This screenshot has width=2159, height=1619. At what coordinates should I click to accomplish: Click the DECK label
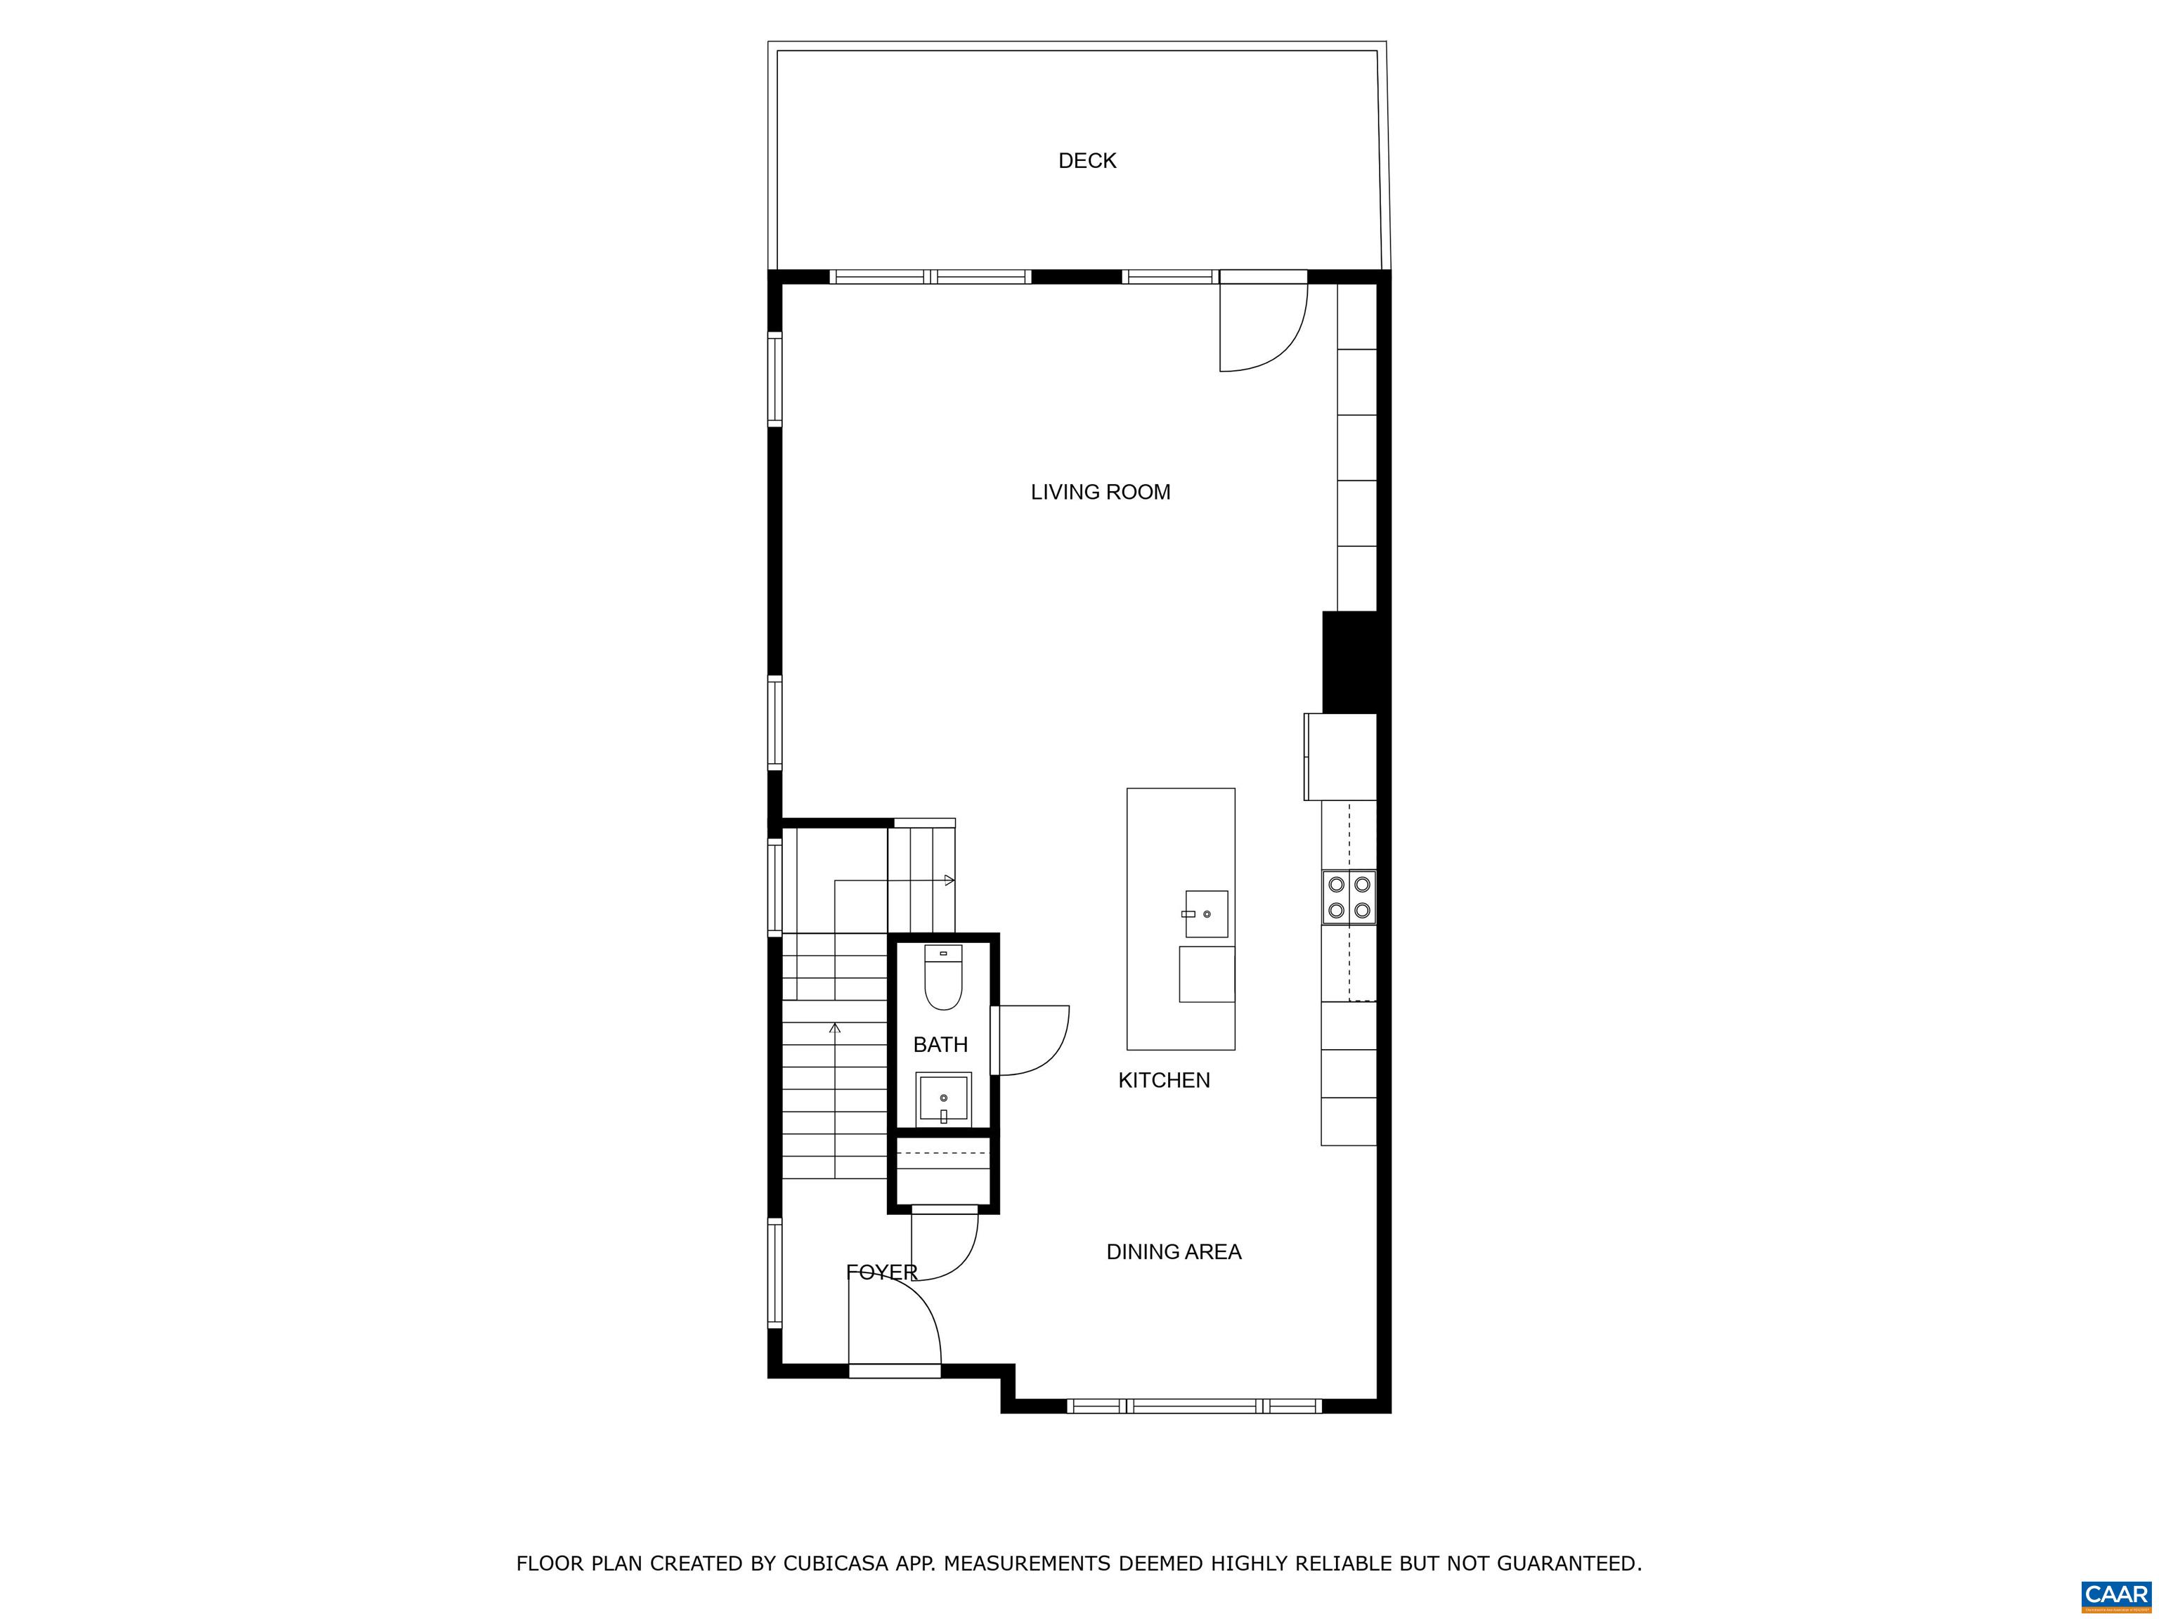pos(1087,161)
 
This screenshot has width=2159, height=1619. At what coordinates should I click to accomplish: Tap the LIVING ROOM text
pos(1100,492)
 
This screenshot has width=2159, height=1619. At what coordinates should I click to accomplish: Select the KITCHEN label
pos(1163,1080)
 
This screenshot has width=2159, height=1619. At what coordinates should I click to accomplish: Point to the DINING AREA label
pos(1173,1252)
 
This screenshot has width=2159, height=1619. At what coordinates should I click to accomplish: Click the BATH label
pos(940,1045)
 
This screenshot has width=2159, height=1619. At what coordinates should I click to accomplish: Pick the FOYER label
pos(881,1273)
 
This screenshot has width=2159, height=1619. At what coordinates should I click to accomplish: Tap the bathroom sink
pos(943,1097)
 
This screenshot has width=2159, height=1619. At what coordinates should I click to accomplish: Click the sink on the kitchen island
pos(1207,914)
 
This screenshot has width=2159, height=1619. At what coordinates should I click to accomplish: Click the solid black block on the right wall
pos(1350,662)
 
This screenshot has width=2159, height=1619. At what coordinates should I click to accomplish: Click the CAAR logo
pos(2116,1594)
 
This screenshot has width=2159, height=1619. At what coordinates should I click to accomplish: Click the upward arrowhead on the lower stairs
pos(834,1027)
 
